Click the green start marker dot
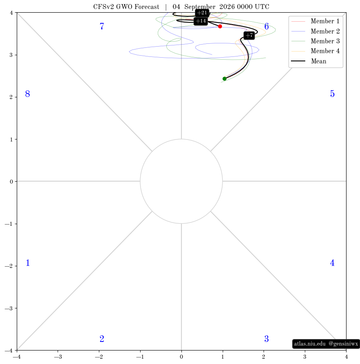[x=224, y=79]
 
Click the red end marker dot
[x=220, y=27]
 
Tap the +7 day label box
[x=249, y=35]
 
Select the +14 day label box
[x=201, y=21]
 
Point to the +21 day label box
[x=202, y=13]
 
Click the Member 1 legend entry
[x=315, y=21]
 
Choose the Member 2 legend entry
[x=315, y=31]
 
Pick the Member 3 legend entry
[x=315, y=41]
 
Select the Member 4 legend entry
[x=315, y=51]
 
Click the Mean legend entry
[x=309, y=61]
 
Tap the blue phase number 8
[x=27, y=94]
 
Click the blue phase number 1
[x=28, y=263]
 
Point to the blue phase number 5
[x=332, y=94]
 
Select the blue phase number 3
[x=266, y=339]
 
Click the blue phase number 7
[x=102, y=26]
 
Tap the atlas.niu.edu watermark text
[x=310, y=344]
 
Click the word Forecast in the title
[x=147, y=7]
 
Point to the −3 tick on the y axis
[x=9, y=308]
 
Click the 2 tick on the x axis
[x=264, y=357]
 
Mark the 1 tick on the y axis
[x=11, y=139]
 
